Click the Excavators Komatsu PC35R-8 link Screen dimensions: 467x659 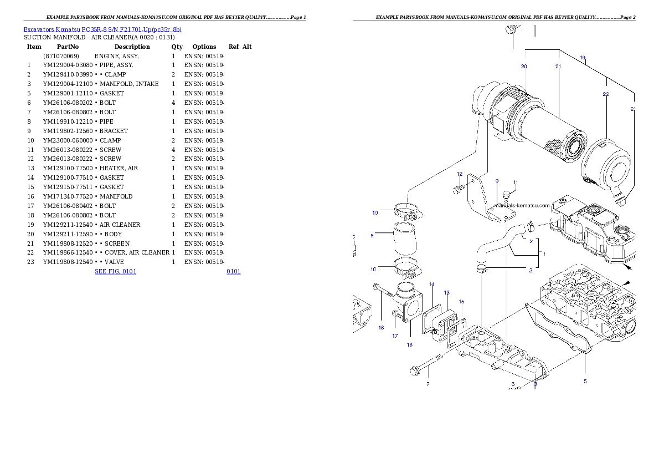[102, 29]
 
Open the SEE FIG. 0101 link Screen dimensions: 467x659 [115, 271]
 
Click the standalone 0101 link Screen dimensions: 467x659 [233, 271]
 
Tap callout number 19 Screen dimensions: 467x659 [583, 58]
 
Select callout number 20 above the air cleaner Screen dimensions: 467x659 [524, 67]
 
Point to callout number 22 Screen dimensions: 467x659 [606, 94]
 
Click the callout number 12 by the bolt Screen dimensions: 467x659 [459, 174]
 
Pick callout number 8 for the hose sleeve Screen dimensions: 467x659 [372, 236]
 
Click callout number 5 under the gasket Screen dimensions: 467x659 [585, 381]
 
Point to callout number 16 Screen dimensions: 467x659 [409, 344]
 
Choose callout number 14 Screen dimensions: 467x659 [431, 285]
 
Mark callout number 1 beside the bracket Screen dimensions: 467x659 [544, 254]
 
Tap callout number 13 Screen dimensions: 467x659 [446, 292]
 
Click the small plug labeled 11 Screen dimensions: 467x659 [506, 195]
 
